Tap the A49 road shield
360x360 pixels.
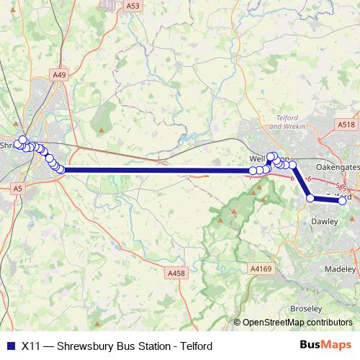(x=59, y=74)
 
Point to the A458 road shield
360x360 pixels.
(x=176, y=273)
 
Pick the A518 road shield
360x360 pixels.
(x=346, y=125)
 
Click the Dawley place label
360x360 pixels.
(x=323, y=222)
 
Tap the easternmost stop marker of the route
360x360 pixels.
(x=343, y=201)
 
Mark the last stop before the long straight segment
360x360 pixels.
(x=62, y=170)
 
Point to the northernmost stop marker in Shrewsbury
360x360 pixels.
(x=22, y=140)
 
